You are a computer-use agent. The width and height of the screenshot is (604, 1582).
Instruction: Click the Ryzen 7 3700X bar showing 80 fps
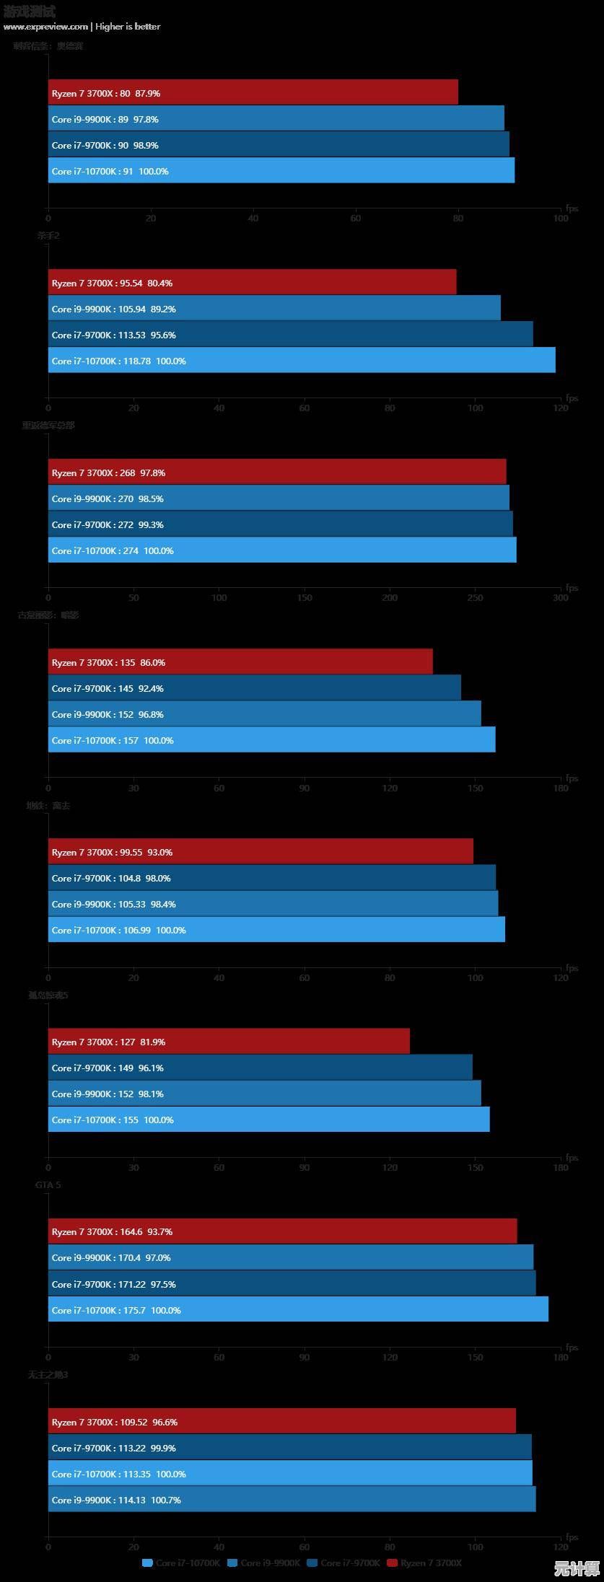click(x=253, y=92)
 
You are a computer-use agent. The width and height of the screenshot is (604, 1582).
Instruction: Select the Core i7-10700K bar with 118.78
click(x=302, y=360)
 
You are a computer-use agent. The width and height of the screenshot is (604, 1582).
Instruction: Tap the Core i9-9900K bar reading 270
click(x=279, y=498)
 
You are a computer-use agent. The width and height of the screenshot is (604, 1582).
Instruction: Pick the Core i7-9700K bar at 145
click(x=255, y=687)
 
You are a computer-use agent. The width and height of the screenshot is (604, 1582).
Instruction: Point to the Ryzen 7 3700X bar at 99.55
click(x=261, y=851)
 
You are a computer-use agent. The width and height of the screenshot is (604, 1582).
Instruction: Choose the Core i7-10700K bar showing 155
click(x=268, y=1119)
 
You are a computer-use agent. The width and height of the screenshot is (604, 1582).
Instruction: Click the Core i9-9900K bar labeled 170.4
click(x=291, y=1257)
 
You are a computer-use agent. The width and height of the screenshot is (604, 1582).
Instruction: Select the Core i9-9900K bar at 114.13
click(x=292, y=1499)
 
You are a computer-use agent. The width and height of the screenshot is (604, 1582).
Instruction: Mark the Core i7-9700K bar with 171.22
click(x=292, y=1283)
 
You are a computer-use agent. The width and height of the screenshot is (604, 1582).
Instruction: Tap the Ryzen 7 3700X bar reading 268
click(x=277, y=472)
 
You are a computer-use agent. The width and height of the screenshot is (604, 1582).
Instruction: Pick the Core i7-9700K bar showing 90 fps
click(x=279, y=144)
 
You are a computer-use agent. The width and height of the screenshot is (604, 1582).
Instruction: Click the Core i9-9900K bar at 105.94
click(x=274, y=308)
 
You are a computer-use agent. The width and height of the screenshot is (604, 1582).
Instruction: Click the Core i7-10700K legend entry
click(x=181, y=1563)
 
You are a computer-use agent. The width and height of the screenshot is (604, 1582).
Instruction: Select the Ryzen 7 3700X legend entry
click(x=424, y=1563)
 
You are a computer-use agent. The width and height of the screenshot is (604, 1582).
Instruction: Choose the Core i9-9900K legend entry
click(x=264, y=1563)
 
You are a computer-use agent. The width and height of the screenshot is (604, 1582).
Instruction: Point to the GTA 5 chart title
click(x=48, y=1185)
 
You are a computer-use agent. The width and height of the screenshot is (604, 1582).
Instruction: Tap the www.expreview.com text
click(x=45, y=27)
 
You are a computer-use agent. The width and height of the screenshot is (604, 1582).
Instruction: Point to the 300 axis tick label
click(x=561, y=597)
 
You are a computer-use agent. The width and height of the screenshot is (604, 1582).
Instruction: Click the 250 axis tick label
click(x=475, y=597)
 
